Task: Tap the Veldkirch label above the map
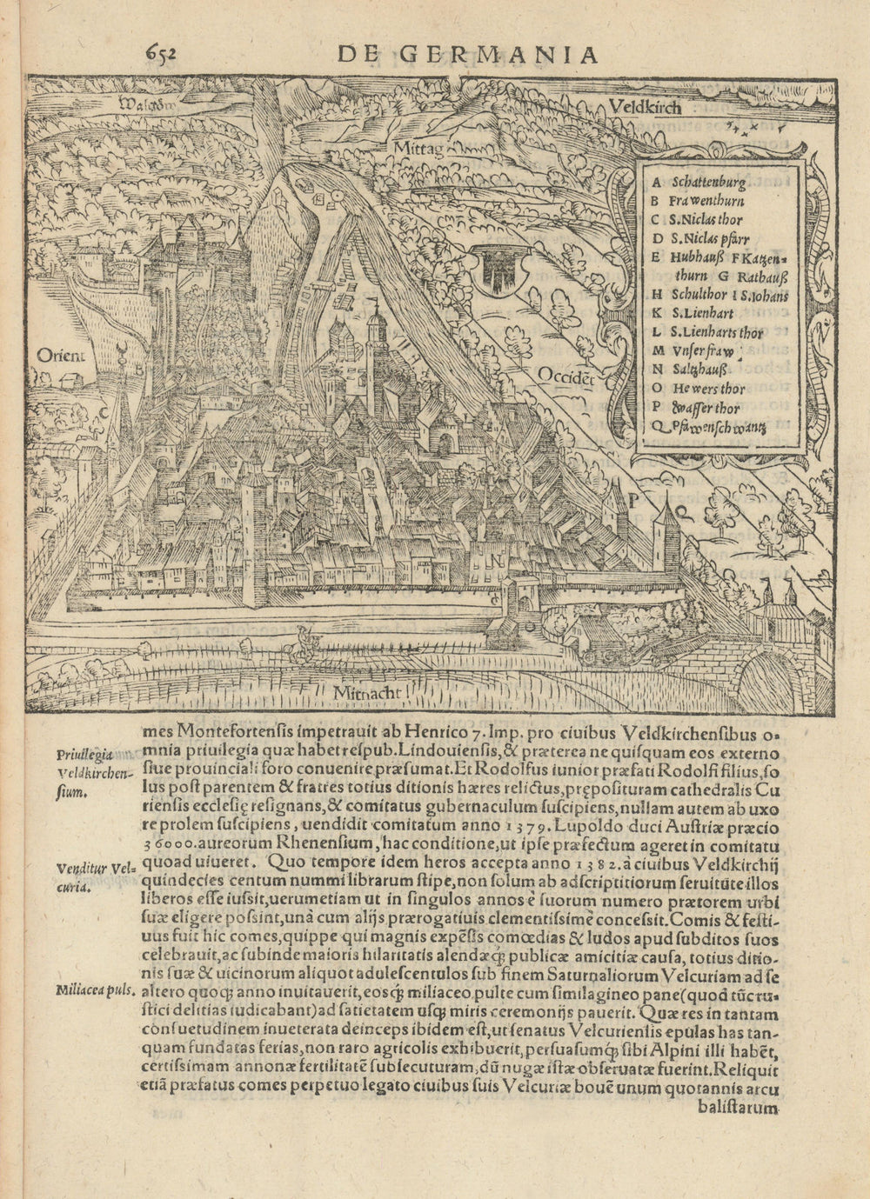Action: click(646, 108)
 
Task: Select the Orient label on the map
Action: click(61, 354)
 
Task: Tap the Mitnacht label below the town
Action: click(365, 692)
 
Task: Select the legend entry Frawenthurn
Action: click(706, 201)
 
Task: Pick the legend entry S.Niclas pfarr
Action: click(710, 238)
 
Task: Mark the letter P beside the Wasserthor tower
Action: click(634, 501)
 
